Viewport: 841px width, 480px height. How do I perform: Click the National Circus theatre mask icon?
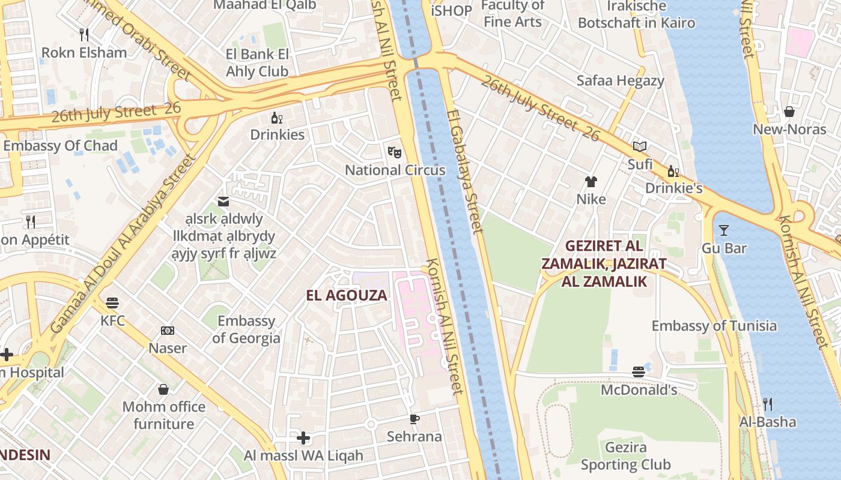[394, 152]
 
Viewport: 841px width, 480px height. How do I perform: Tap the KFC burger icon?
[112, 302]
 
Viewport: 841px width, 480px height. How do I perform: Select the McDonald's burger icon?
[639, 372]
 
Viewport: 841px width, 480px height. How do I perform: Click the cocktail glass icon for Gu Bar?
[723, 230]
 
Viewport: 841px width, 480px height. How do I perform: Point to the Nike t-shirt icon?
[591, 181]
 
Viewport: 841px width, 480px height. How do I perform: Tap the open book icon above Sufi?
[640, 146]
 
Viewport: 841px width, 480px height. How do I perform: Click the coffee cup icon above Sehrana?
[414, 419]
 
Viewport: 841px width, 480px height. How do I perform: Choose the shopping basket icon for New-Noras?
[789, 112]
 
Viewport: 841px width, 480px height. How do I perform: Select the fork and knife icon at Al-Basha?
[767, 404]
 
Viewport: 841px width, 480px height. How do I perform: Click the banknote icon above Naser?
[168, 331]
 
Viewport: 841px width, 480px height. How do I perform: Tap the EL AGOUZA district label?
[347, 295]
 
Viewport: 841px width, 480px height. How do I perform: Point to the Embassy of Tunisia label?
[714, 326]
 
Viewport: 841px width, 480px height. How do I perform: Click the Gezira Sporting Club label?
[626, 456]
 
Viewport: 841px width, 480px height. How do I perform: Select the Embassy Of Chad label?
[60, 146]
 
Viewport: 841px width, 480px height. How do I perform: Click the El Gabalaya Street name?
[465, 171]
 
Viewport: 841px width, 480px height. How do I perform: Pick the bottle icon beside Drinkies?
[276, 118]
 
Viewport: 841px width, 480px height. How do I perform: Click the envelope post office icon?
[223, 202]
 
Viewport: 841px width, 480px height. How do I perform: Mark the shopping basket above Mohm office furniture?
[163, 389]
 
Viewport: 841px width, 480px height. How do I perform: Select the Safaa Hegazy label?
[621, 80]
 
